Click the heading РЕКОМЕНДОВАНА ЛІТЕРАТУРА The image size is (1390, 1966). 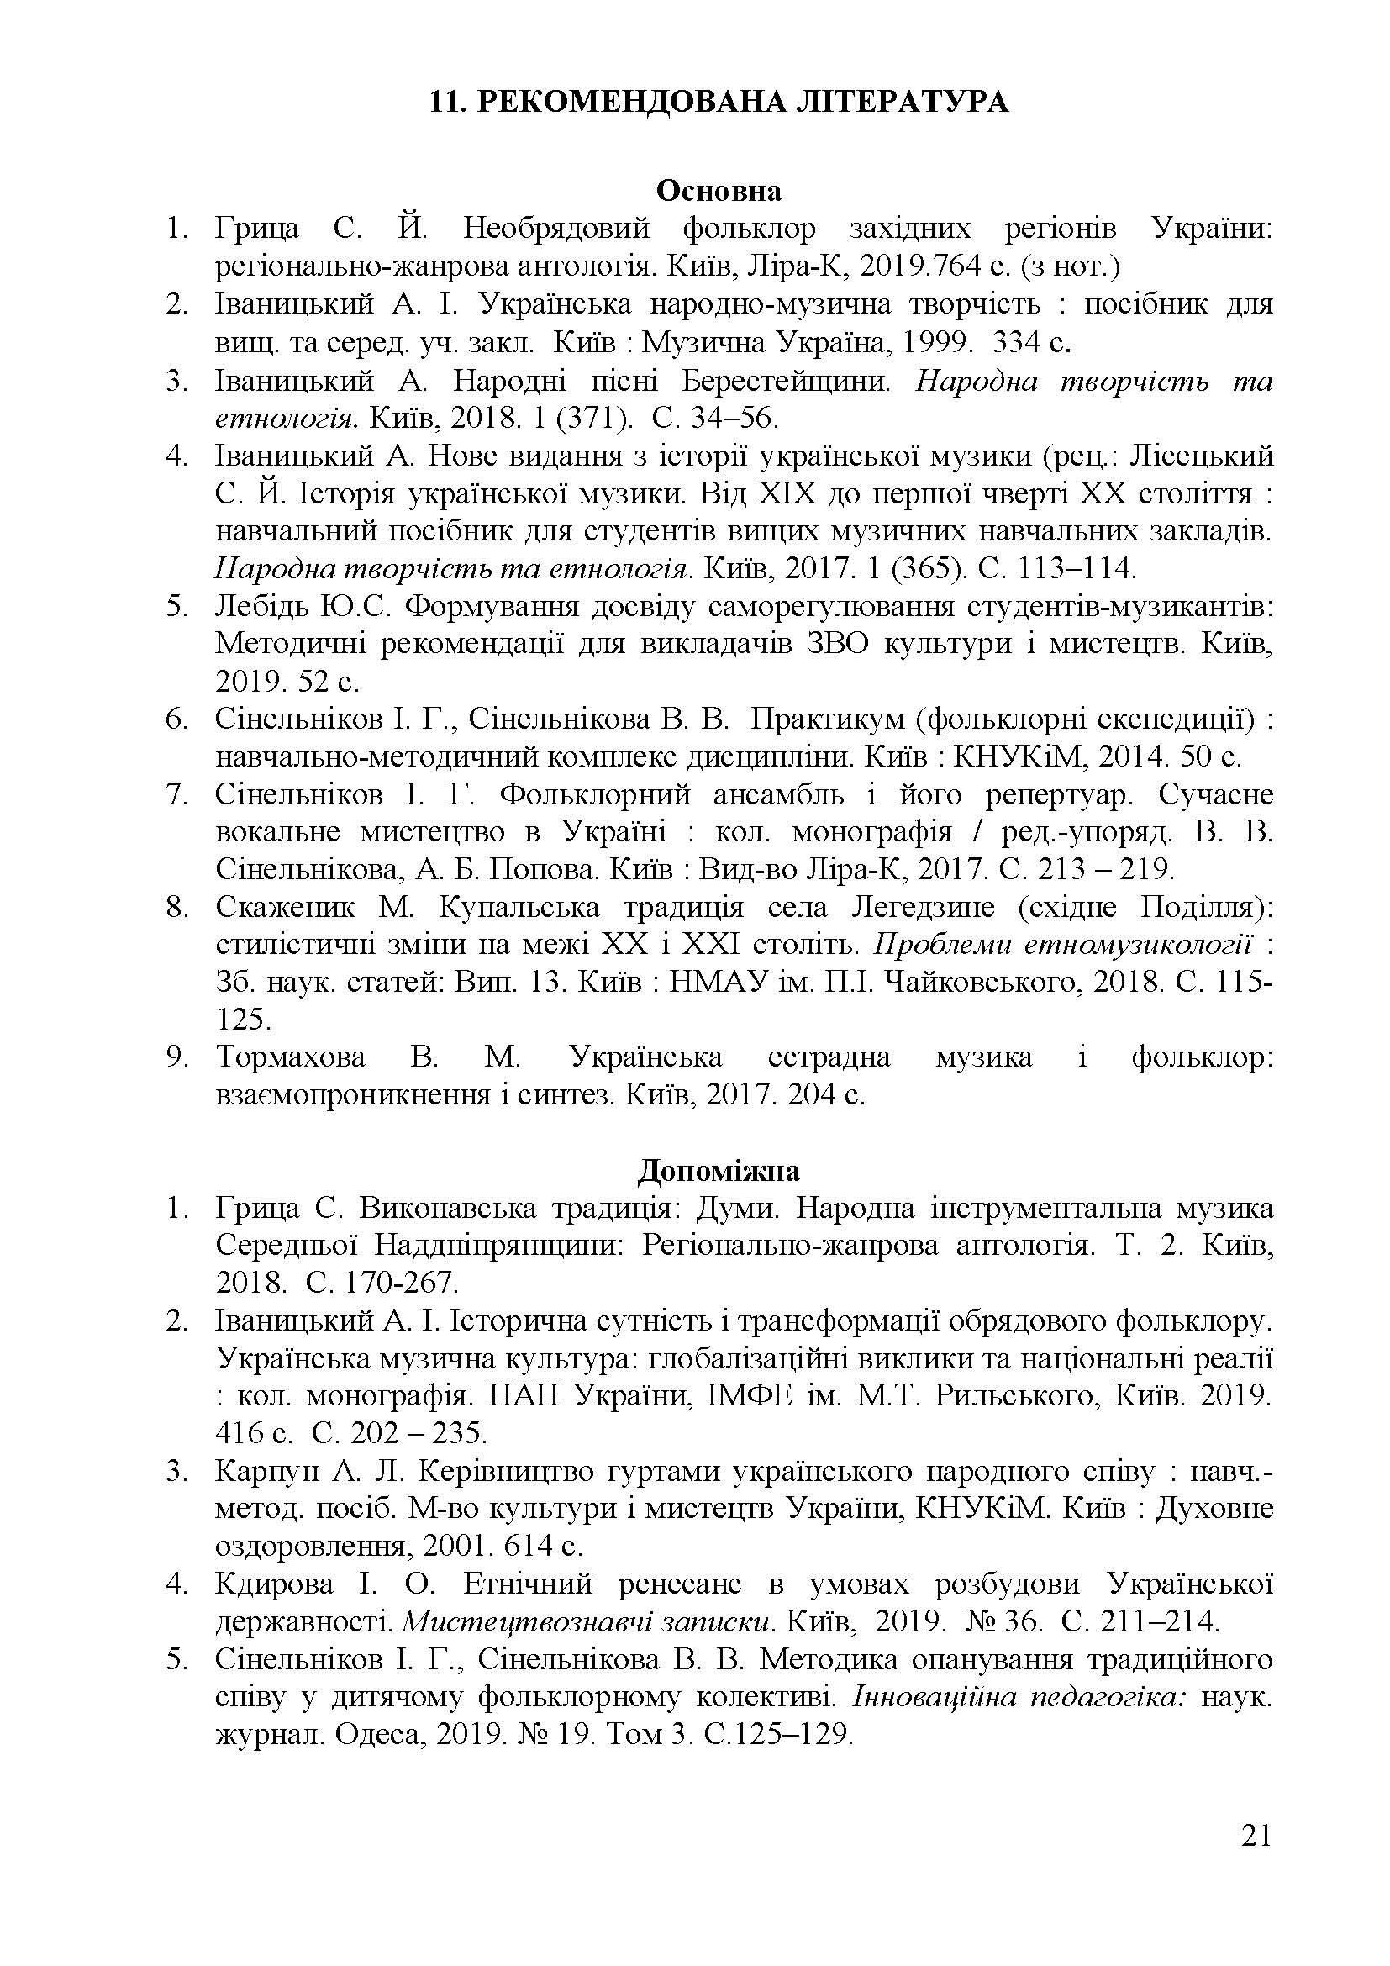click(x=741, y=102)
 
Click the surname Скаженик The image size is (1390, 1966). click(x=287, y=908)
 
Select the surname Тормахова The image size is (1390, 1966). click(x=290, y=1058)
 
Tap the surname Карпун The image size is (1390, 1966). click(x=266, y=1472)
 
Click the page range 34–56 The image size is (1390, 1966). click(x=733, y=418)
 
